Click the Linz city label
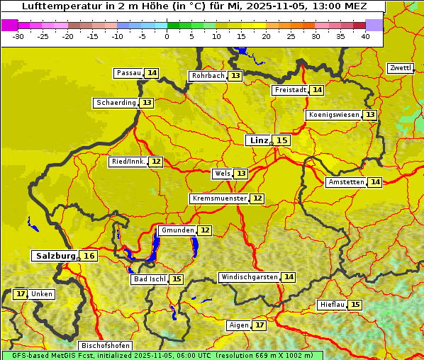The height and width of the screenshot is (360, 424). point(258,140)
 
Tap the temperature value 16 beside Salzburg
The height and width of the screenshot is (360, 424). point(89,256)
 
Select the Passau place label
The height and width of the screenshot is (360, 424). point(129,73)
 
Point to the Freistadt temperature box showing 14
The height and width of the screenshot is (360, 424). point(317,90)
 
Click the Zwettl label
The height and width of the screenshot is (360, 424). point(400,68)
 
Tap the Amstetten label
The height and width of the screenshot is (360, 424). point(345,182)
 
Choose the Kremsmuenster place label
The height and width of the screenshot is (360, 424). point(219,198)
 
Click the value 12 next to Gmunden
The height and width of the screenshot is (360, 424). point(204,230)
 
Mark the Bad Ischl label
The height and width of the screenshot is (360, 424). point(149,279)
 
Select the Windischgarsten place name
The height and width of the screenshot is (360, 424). point(249,277)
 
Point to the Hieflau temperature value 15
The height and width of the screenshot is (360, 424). point(355,305)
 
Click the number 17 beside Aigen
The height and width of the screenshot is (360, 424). point(260,325)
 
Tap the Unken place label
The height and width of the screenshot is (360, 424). point(42,294)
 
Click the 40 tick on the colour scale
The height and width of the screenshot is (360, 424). point(365,36)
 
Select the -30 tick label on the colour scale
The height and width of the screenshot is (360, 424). point(18,36)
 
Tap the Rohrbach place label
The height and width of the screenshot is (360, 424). point(208,76)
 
